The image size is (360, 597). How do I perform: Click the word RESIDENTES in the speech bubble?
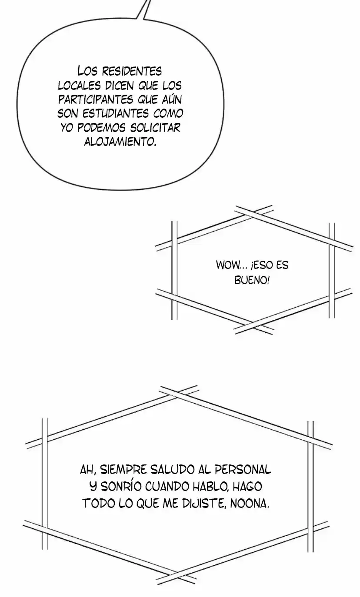[x=132, y=71]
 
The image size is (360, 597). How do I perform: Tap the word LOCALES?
[x=79, y=86]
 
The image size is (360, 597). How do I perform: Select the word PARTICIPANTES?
[x=96, y=99]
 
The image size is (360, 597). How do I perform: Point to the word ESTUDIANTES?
[x=116, y=113]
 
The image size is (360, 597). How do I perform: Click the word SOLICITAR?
[x=155, y=128]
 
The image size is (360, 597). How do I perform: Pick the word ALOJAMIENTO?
[x=120, y=142]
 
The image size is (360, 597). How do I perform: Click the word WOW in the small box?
[x=226, y=265]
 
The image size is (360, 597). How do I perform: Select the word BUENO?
[x=252, y=280]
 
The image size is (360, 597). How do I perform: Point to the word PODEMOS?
[x=101, y=128]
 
